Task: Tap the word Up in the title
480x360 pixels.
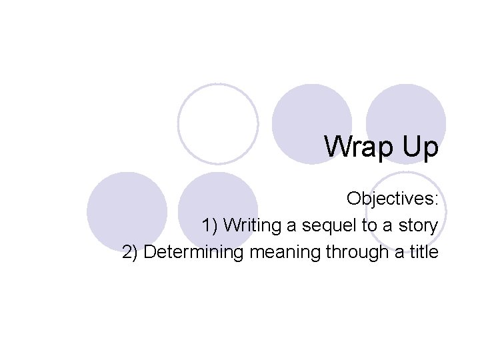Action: point(418,147)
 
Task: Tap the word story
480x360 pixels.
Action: point(417,226)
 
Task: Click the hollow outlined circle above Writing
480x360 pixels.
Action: point(218,123)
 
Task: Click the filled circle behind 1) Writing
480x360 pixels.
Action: point(219,200)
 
